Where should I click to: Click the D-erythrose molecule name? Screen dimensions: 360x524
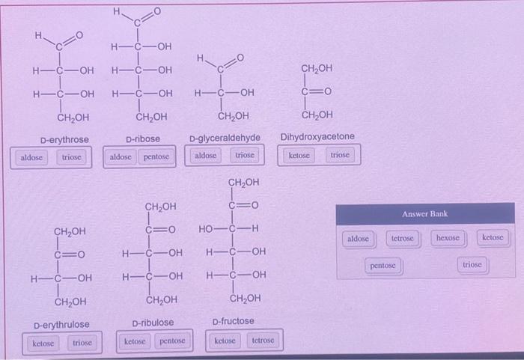point(64,140)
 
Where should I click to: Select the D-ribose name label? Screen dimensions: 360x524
point(142,139)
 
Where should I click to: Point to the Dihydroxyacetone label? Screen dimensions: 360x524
point(317,136)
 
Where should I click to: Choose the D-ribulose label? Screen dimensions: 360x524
point(153,323)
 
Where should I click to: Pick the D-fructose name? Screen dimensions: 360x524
point(233,321)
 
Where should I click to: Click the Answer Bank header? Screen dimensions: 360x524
point(424,214)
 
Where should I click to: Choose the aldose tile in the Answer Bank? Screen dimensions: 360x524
point(359,239)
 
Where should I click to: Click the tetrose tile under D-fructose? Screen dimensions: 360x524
point(263,341)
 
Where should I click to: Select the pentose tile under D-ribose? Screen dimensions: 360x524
point(156,157)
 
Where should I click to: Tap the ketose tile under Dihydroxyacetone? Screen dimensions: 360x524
point(299,155)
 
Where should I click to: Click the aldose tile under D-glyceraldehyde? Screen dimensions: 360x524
point(206,155)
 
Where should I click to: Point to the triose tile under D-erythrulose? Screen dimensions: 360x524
point(82,343)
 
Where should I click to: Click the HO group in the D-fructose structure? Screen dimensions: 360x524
point(209,228)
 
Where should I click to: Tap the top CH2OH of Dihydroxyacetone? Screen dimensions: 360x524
point(317,69)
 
